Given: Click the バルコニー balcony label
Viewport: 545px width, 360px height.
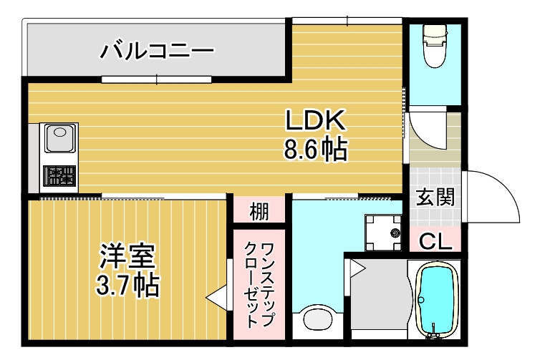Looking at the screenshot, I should tap(157, 51).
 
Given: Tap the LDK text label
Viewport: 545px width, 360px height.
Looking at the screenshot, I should tap(315, 120).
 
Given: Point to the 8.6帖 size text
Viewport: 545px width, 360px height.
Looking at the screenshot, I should tap(315, 149).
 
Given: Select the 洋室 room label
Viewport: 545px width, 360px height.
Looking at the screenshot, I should tap(127, 256).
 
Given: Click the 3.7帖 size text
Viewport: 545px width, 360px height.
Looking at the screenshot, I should tap(127, 286).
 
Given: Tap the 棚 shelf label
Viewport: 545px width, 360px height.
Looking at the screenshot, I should tap(259, 212).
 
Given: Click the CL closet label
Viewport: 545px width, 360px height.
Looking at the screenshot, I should tap(435, 242).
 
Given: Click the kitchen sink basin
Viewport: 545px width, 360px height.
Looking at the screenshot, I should tap(61, 138).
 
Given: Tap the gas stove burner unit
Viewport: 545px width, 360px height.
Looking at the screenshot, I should tap(60, 176).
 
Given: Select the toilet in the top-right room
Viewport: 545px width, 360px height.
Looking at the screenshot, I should tap(433, 46).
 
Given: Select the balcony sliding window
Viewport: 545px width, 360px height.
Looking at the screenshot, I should tap(157, 79).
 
